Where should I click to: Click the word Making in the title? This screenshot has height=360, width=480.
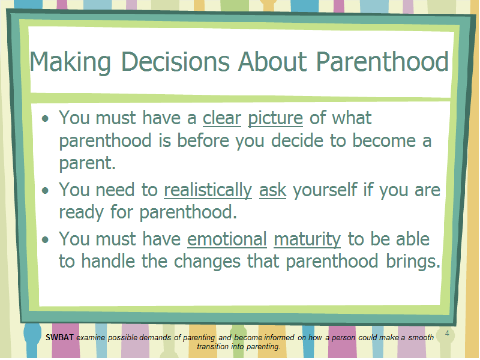click(70, 63)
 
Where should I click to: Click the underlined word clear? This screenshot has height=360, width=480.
click(222, 118)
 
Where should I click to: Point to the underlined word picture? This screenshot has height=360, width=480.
click(275, 119)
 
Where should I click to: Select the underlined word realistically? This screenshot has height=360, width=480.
click(208, 190)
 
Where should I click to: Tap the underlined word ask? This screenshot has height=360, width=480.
click(273, 190)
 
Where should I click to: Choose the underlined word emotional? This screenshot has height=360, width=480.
click(227, 239)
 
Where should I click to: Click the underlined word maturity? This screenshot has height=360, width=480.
click(307, 240)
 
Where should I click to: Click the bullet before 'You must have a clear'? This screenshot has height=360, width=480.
click(46, 118)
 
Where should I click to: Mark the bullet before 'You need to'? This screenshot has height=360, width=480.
click(46, 191)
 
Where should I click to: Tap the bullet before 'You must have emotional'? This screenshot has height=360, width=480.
click(46, 239)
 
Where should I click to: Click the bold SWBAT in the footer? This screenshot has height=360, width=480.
click(59, 337)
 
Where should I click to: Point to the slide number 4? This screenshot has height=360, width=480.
click(447, 333)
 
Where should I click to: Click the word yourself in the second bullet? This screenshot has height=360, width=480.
click(325, 190)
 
